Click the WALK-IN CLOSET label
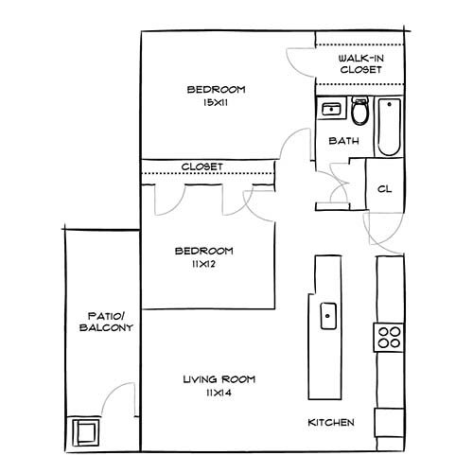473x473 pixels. tap(360, 64)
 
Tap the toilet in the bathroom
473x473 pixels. tap(359, 114)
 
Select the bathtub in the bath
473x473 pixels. tap(389, 128)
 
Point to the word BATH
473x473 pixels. tap(342, 142)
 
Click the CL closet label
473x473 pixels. tap(384, 189)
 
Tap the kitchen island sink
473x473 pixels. tap(326, 311)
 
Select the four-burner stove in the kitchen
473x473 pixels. tap(389, 335)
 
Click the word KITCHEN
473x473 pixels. tap(331, 422)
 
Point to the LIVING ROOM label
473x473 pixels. tap(219, 379)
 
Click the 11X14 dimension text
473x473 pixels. tap(219, 393)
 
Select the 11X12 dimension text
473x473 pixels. tap(203, 264)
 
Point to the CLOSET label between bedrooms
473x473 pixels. tap(201, 166)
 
